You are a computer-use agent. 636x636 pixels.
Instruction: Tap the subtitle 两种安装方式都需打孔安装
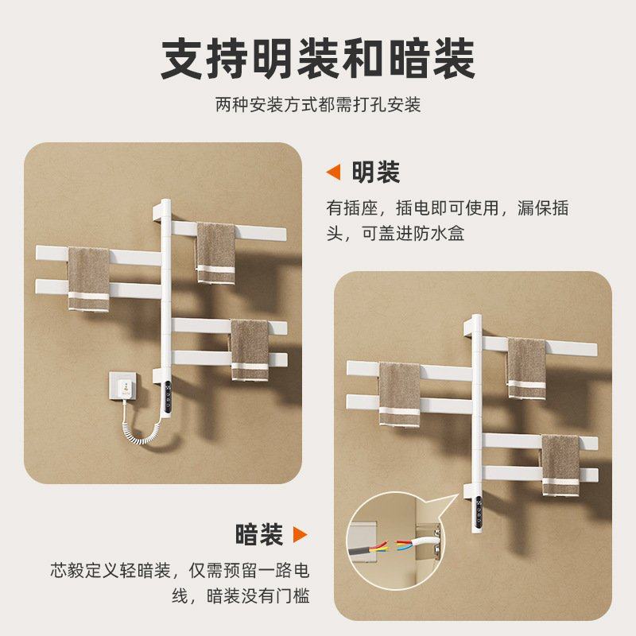pyautogui.click(x=318, y=105)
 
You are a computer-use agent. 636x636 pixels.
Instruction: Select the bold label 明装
pyautogui.click(x=375, y=172)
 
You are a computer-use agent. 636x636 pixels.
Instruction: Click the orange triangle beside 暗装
pyautogui.click(x=300, y=534)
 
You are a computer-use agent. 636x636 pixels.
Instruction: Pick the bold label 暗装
pyautogui.click(x=259, y=534)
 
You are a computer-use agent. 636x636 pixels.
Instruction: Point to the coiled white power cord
pyautogui.click(x=144, y=430)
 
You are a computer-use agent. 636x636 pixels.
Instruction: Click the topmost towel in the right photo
pyautogui.click(x=525, y=367)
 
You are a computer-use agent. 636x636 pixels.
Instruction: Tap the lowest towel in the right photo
pyautogui.click(x=559, y=464)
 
